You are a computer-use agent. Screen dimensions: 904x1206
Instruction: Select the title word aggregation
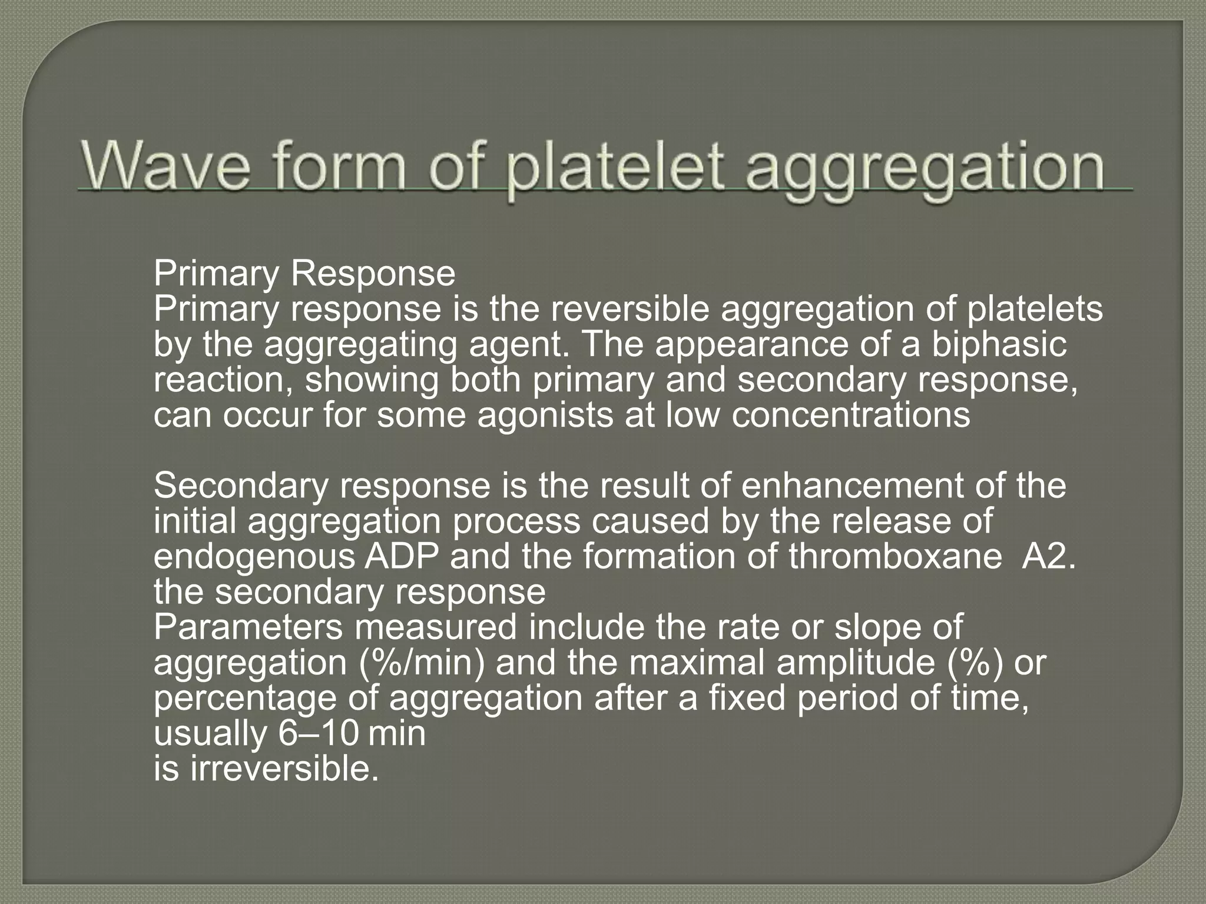pos(924,168)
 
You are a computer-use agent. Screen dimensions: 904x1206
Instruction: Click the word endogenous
pos(254,557)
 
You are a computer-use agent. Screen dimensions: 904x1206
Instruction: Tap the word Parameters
pos(248,627)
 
